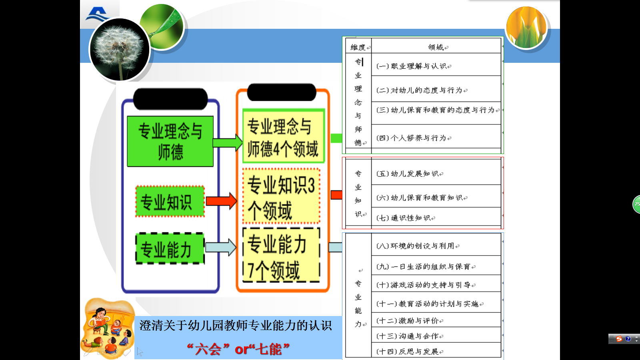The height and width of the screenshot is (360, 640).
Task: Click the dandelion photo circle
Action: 120,49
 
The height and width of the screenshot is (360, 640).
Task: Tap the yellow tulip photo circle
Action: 526,28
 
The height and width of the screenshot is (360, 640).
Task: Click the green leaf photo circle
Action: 162,27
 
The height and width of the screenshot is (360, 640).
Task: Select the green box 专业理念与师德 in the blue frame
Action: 170,141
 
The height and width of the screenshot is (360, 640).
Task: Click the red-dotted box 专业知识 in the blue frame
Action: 170,202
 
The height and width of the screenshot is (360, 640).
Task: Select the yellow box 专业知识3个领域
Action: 282,196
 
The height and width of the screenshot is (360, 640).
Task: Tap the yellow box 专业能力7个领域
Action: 282,255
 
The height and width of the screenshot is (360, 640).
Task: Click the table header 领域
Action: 436,47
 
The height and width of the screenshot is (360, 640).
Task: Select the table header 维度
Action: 358,47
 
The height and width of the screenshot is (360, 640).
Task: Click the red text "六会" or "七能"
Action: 238,349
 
